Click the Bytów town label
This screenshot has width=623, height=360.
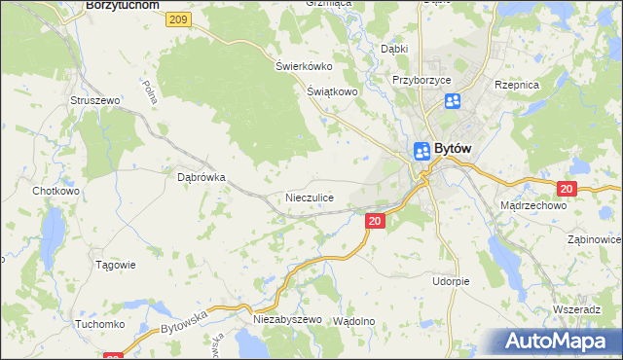click(x=453, y=149)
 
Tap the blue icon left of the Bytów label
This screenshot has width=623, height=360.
click(x=421, y=151)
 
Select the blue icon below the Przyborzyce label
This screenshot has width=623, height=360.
click(x=453, y=101)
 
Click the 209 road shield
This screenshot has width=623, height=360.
click(x=177, y=19)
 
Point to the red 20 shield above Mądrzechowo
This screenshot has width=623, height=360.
click(x=568, y=189)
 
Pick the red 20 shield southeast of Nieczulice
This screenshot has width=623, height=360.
click(x=377, y=223)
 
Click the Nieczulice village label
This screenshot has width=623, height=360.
click(x=310, y=198)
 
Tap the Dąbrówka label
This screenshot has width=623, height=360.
click(x=202, y=178)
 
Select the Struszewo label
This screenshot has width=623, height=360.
click(x=94, y=100)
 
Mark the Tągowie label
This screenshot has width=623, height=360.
click(x=114, y=265)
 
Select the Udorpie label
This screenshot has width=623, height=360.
click(x=451, y=281)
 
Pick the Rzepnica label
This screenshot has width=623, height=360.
click(x=517, y=86)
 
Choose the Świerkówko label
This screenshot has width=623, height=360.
click(x=304, y=66)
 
